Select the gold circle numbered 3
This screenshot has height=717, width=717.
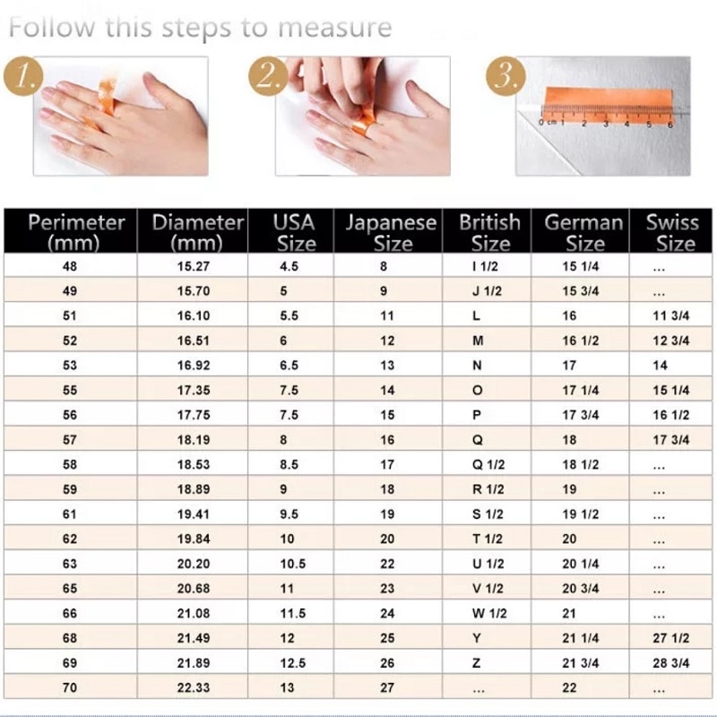(505, 77)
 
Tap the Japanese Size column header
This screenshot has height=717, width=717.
(391, 231)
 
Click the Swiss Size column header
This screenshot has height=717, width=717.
(671, 231)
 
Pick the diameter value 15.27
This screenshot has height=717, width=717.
(194, 266)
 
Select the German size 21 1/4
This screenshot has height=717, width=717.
(581, 638)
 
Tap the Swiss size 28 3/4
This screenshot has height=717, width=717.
(671, 663)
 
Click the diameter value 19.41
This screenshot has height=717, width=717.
(194, 514)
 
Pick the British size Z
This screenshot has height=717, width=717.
(477, 663)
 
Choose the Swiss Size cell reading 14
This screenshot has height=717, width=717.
(661, 366)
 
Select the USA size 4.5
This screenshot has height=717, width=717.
(289, 266)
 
